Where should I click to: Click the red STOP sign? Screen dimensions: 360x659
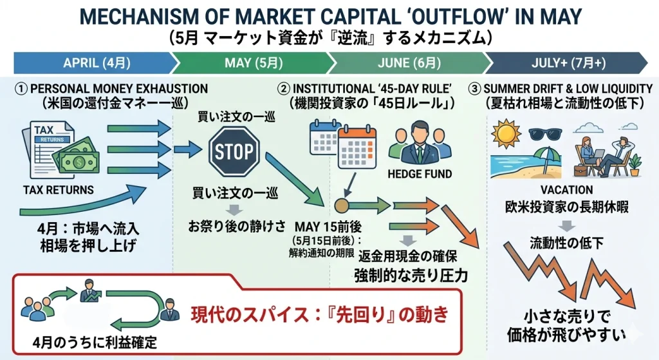point(234,152)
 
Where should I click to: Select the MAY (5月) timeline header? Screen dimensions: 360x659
point(254,63)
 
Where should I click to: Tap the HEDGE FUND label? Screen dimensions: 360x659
point(420,174)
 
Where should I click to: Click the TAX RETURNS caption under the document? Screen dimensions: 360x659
point(58,190)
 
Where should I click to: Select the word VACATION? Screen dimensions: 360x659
point(567,191)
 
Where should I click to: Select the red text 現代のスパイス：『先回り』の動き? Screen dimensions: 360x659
point(319,315)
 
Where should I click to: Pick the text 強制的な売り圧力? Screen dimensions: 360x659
point(410,276)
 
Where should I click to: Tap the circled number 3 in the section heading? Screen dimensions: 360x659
point(474,88)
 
